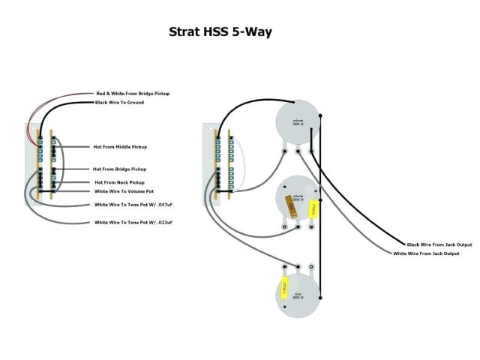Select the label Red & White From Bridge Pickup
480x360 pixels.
(x=132, y=93)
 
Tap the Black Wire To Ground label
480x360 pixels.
(x=119, y=103)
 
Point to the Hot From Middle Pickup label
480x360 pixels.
(x=120, y=147)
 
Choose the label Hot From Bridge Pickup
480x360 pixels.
(x=120, y=169)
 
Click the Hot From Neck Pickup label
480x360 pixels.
(x=119, y=182)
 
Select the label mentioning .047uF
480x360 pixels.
(x=134, y=205)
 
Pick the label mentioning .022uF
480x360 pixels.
(x=134, y=223)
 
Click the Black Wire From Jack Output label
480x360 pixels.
(x=439, y=245)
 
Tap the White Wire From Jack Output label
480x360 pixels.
(x=427, y=253)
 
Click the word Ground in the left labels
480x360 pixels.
(x=136, y=103)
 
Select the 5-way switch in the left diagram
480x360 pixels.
(x=44, y=165)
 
